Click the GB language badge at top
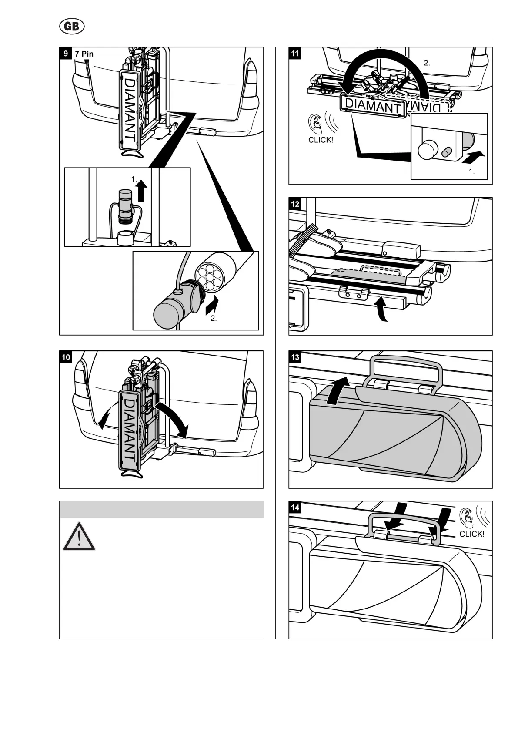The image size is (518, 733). point(72,27)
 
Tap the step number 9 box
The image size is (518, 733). point(65,54)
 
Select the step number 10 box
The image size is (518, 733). point(66,357)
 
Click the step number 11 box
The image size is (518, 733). point(295,54)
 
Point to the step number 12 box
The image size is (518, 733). point(295,204)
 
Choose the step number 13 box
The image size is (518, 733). point(295,357)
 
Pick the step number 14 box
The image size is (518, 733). point(295,508)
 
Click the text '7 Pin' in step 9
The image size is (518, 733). point(84,54)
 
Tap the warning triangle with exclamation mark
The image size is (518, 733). point(79,537)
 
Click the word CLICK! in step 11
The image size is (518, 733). point(321,140)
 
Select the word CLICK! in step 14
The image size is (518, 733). point(471,534)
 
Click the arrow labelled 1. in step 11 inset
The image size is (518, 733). point(472,157)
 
